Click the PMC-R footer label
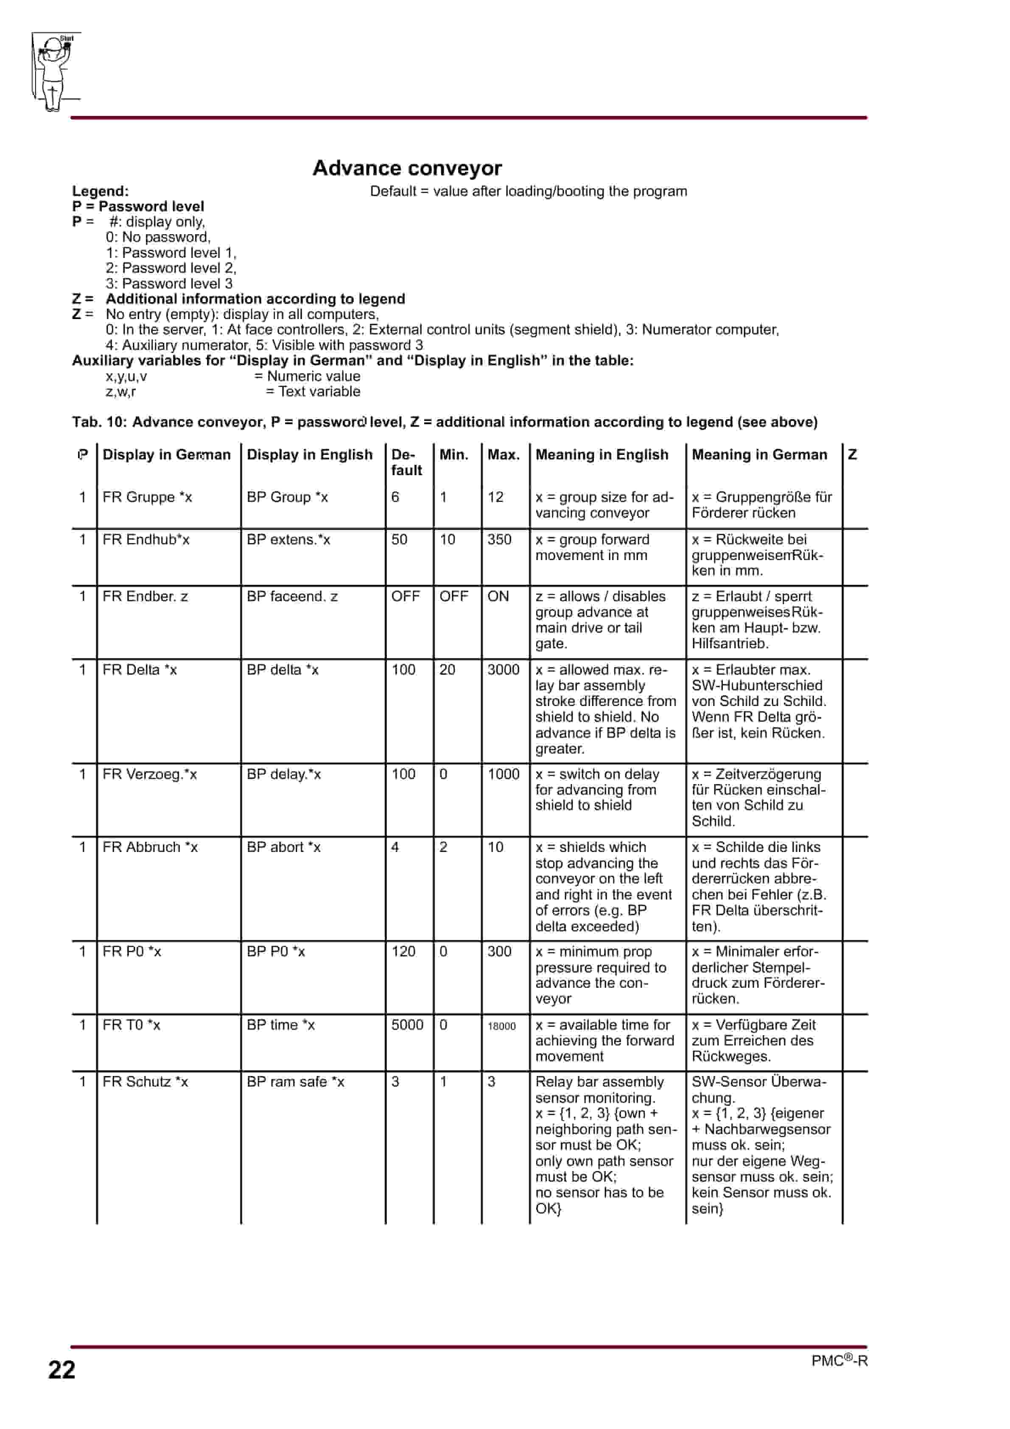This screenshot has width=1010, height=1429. [x=839, y=1361]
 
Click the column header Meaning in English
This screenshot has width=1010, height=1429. [x=602, y=455]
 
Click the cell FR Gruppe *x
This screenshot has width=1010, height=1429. [x=148, y=497]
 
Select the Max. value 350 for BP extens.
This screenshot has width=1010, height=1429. [x=499, y=540]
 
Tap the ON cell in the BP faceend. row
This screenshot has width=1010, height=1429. [x=498, y=596]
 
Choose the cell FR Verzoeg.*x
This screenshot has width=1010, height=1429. [x=149, y=774]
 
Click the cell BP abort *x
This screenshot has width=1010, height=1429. [x=284, y=847]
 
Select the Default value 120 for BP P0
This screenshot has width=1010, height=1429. [x=403, y=952]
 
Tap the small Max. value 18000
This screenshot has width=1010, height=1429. [x=501, y=1026]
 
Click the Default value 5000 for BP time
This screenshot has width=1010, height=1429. [x=407, y=1025]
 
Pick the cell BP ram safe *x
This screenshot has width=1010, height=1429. [x=296, y=1082]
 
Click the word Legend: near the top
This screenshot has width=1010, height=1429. [x=100, y=191]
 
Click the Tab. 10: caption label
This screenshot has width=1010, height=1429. [x=100, y=422]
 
